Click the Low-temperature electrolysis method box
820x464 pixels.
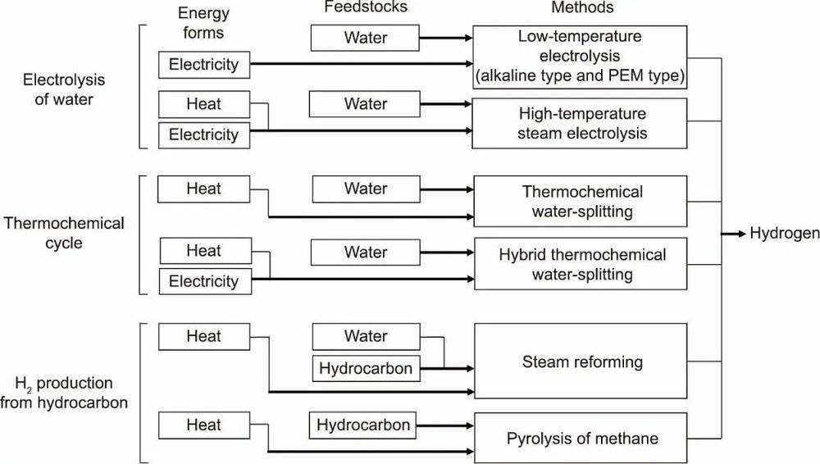click(x=580, y=57)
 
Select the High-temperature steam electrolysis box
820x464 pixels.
click(x=580, y=124)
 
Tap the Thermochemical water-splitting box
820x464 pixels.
click(x=581, y=202)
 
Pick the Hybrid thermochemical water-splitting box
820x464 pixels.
click(x=581, y=264)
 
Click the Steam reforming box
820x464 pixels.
click(x=581, y=361)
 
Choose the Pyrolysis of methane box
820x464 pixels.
click(x=581, y=438)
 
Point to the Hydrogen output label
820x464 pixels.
click(x=785, y=234)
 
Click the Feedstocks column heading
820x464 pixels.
click(x=366, y=7)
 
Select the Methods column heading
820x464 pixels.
click(x=582, y=7)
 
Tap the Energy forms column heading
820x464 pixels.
click(x=203, y=23)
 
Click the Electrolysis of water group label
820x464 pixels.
click(x=64, y=89)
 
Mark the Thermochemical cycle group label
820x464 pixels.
click(x=64, y=234)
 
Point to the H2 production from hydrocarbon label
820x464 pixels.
click(x=64, y=393)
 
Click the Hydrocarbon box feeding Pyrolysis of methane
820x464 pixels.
click(x=363, y=425)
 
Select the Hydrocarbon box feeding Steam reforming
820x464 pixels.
click(x=366, y=368)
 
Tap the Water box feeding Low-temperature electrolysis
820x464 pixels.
click(x=365, y=38)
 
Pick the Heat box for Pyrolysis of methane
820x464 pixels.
click(x=204, y=425)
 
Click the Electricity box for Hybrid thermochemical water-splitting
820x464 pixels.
click(x=206, y=281)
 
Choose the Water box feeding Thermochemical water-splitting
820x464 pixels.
click(x=366, y=189)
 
